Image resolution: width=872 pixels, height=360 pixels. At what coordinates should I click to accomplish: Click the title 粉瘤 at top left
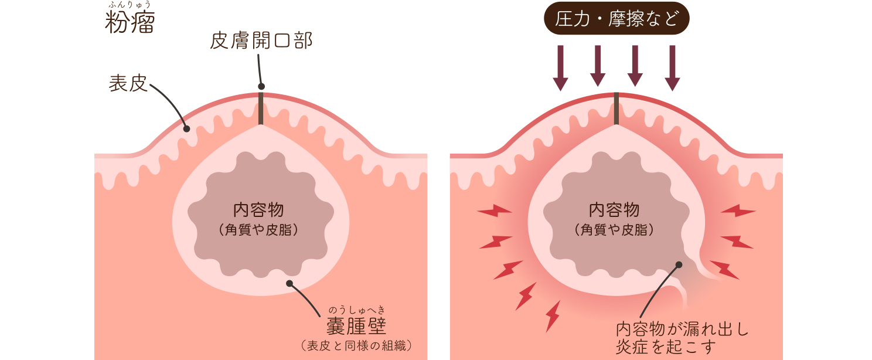(130, 23)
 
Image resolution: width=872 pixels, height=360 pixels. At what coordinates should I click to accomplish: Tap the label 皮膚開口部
(261, 40)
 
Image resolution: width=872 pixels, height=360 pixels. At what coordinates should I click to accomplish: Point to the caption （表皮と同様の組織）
(356, 345)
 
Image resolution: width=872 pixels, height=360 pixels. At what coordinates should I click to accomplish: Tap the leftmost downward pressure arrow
(561, 67)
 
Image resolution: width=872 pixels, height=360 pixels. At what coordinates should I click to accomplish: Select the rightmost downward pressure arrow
(672, 67)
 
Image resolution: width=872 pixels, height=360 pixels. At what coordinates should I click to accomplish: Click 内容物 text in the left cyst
(258, 209)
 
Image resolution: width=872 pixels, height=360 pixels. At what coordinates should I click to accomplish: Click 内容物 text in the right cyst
(614, 209)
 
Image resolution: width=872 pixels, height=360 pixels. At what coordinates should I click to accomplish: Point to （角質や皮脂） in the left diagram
(258, 230)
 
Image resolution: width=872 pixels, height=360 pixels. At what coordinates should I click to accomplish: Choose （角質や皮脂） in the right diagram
(614, 230)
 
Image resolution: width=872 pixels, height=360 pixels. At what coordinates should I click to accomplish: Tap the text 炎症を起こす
(666, 347)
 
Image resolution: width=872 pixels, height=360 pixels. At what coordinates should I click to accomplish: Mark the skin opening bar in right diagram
(616, 108)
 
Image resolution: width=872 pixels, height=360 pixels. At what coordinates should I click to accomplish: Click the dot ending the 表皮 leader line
(187, 129)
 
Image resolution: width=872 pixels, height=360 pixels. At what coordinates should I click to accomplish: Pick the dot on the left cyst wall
(289, 284)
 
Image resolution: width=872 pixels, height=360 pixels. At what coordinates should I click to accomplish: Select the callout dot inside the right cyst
(679, 264)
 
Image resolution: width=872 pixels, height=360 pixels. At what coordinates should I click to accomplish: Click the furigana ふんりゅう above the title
(130, 5)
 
